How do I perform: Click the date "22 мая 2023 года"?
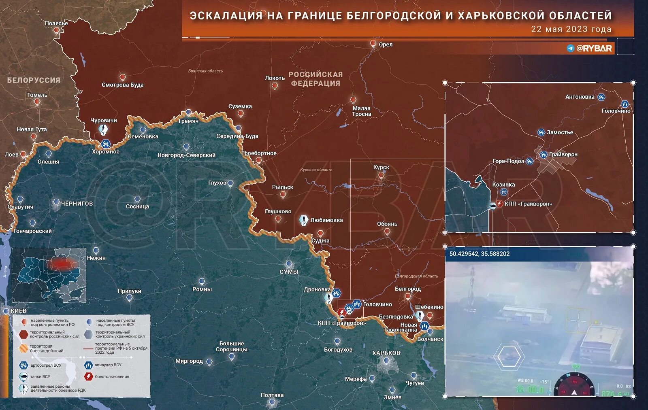pos(571,29)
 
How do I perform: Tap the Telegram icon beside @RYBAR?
pos(571,48)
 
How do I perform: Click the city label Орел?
pos(386,45)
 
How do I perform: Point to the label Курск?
pos(381,167)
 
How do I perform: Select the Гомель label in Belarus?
pos(37,95)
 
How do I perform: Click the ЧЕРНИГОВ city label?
pos(77,204)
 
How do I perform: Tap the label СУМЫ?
pos(289,272)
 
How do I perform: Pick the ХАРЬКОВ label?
pos(386,353)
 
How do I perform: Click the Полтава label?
pos(272,395)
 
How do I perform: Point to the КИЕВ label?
pos(19,311)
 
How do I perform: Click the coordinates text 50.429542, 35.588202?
pos(480,254)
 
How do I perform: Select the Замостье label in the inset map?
pos(560,132)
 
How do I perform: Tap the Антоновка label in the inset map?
pos(580,97)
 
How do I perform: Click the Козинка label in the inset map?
pos(503,185)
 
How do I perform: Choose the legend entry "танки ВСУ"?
pos(40,376)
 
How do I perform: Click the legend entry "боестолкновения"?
pos(112,376)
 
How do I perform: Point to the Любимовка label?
pos(326,220)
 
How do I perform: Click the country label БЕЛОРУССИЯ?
pos(34,80)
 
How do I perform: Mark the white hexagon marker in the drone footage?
pos(510,357)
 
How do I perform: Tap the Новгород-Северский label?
pos(186,155)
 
